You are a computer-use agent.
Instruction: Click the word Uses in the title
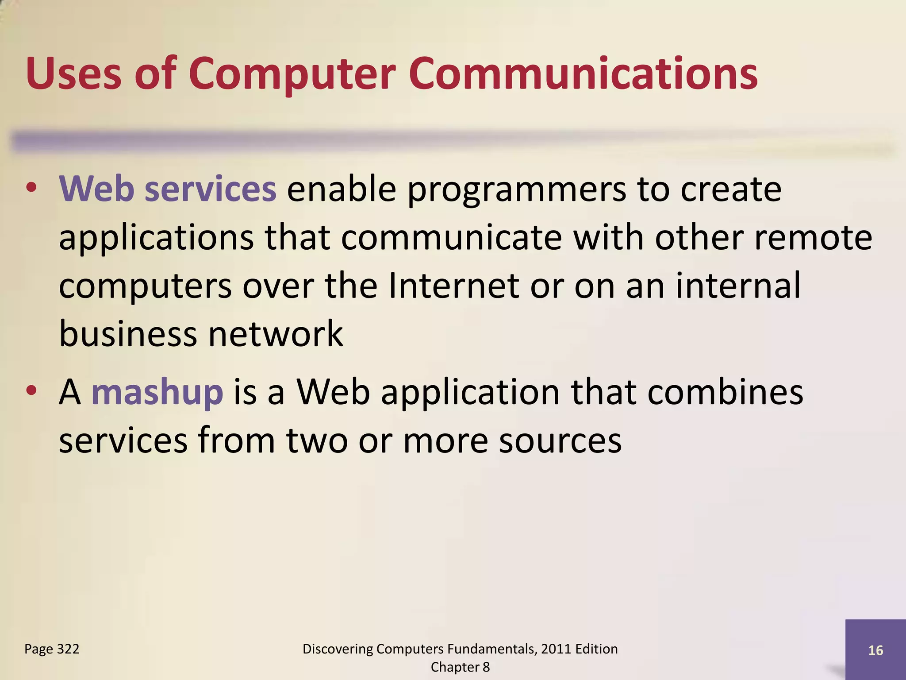(x=73, y=73)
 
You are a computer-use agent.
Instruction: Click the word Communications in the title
(x=583, y=73)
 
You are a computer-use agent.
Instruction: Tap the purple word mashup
(x=157, y=393)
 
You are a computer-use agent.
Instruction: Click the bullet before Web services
(x=31, y=188)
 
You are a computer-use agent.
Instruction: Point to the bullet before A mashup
(x=31, y=390)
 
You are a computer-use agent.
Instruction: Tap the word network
(x=276, y=334)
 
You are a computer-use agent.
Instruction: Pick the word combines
(x=725, y=393)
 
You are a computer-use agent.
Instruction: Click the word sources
(x=560, y=441)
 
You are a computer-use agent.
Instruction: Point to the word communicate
(x=451, y=238)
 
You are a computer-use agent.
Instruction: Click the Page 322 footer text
(x=52, y=649)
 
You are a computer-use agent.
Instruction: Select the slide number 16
(x=875, y=650)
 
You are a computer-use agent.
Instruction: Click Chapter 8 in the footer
(x=460, y=667)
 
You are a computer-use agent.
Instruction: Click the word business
(x=128, y=334)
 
